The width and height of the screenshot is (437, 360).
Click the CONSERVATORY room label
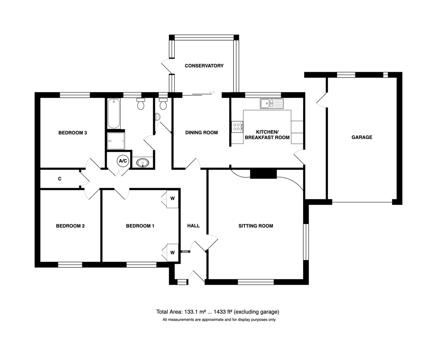pyautogui.click(x=204, y=66)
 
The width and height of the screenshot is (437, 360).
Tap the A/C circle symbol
pyautogui.click(x=123, y=161)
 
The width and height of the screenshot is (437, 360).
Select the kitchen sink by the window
pyautogui.click(x=272, y=103)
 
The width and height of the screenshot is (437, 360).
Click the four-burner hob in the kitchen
pyautogui.click(x=237, y=127)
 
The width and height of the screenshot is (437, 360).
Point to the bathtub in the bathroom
pyautogui.click(x=114, y=113)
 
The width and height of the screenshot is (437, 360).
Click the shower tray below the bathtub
pyautogui.click(x=116, y=141)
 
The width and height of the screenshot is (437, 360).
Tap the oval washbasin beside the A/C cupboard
pyautogui.click(x=143, y=163)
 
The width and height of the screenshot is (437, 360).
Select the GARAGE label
pyautogui.click(x=362, y=137)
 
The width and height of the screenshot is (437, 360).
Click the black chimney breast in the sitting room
pyautogui.click(x=263, y=174)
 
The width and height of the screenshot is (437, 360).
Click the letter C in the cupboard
pyautogui.click(x=60, y=179)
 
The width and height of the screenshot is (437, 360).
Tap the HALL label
pyautogui.click(x=193, y=226)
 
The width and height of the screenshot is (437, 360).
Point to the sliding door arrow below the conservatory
pyautogui.click(x=212, y=92)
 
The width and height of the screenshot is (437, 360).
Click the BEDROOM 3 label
pyautogui.click(x=72, y=133)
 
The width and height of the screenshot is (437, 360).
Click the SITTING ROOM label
pyautogui.click(x=256, y=226)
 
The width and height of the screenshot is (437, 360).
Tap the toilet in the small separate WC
pyautogui.click(x=163, y=104)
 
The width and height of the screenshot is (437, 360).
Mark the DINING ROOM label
pyautogui.click(x=202, y=133)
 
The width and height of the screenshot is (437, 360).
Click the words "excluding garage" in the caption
pyautogui.click(x=257, y=312)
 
